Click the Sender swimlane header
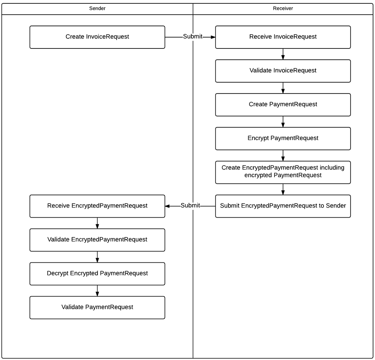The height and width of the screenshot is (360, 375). [x=97, y=9]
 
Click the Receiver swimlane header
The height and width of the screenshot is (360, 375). [x=283, y=9]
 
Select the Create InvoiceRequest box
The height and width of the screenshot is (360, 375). [x=97, y=37]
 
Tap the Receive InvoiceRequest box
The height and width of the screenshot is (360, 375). [x=283, y=37]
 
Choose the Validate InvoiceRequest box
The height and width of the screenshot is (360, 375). [x=283, y=71]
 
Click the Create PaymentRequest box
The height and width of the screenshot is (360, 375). [x=283, y=104]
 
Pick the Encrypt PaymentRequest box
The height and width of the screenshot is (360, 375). [x=283, y=138]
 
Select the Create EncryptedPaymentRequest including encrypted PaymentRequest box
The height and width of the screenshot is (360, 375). [x=283, y=172]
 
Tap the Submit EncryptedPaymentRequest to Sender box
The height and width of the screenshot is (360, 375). [x=283, y=206]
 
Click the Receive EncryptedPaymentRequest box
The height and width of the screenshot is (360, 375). [x=97, y=206]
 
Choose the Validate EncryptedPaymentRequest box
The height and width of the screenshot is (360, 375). [x=97, y=239]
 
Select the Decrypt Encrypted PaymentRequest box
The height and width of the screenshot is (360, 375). [x=97, y=273]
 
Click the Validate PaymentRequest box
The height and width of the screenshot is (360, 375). [x=97, y=307]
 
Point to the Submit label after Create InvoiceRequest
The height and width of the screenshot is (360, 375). [x=192, y=37]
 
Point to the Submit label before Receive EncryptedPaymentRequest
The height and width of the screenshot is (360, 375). [x=190, y=206]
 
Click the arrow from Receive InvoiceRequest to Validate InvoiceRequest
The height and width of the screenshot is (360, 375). [x=283, y=54]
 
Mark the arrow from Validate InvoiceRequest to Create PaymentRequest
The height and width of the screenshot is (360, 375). [x=283, y=88]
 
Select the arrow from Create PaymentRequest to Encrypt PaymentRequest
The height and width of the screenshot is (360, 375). [x=283, y=122]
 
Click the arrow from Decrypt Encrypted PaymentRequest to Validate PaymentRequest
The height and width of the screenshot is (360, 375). [x=97, y=291]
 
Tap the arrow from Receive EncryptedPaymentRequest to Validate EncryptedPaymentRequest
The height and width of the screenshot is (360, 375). [x=97, y=223]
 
